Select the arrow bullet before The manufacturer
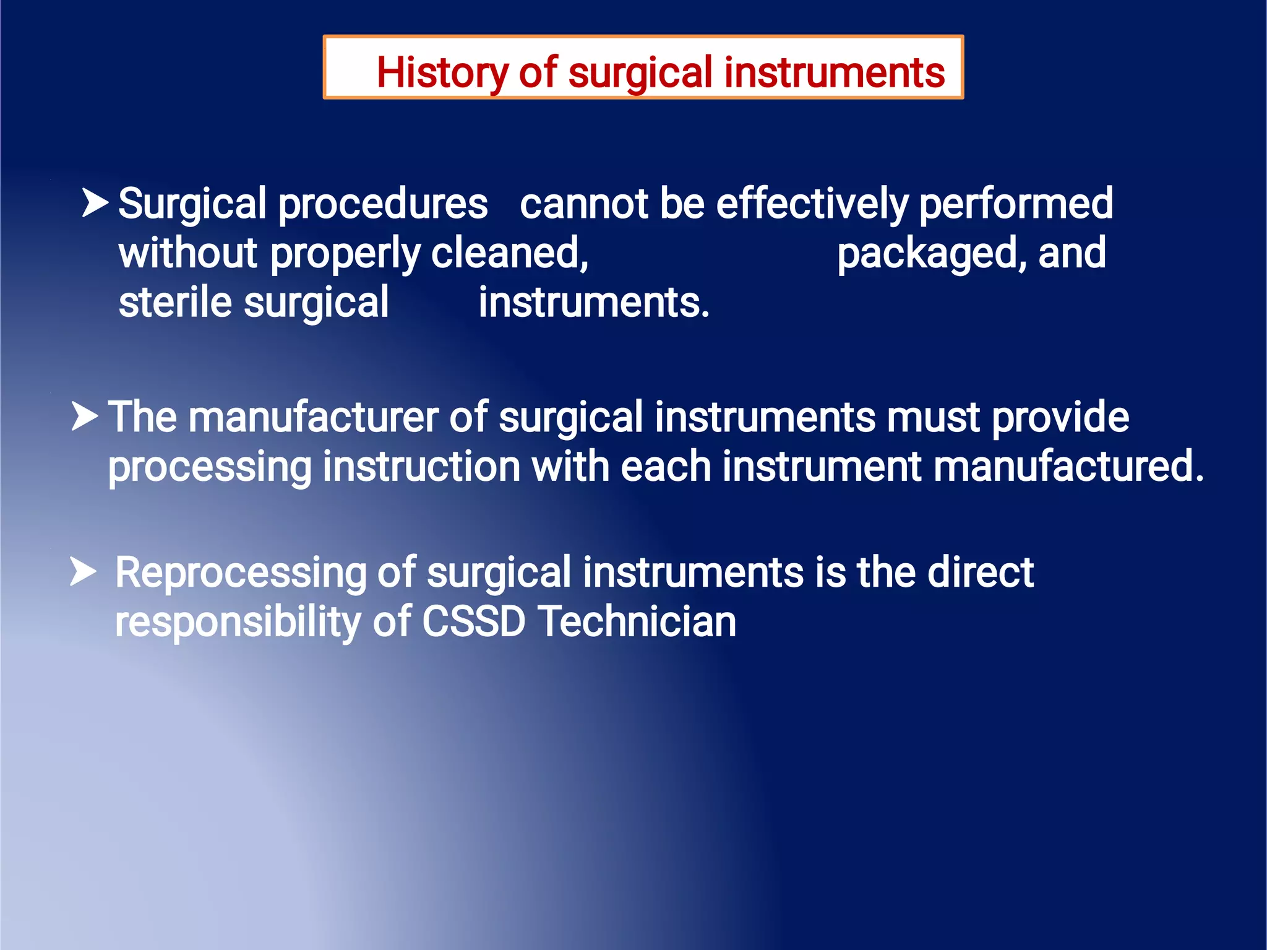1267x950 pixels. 85,416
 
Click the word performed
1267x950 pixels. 1016,204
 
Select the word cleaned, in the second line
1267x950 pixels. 510,253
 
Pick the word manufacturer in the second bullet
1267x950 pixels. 313,417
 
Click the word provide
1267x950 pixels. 1060,417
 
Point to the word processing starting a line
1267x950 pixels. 209,467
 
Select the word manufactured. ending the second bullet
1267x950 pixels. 1068,467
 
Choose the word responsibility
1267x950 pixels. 238,622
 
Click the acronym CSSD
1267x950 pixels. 473,622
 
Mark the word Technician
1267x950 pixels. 637,622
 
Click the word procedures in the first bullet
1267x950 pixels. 383,205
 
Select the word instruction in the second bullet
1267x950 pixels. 421,467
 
